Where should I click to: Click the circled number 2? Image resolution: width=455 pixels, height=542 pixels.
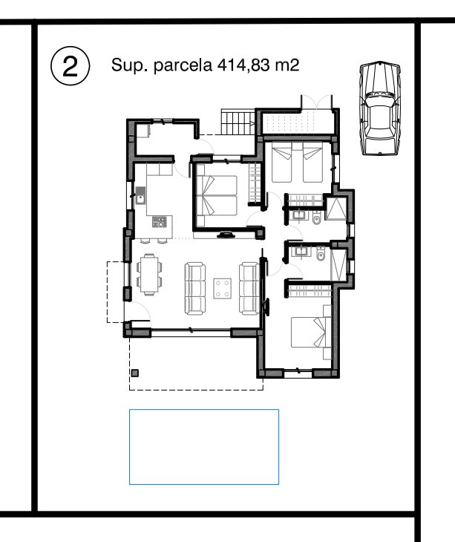(x=70, y=65)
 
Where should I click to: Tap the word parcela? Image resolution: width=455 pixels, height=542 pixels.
(x=183, y=65)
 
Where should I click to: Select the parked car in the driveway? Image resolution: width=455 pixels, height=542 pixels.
(x=380, y=108)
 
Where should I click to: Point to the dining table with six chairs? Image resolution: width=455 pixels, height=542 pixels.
(x=149, y=275)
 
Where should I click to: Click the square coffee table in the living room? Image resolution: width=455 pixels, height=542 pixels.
(x=223, y=289)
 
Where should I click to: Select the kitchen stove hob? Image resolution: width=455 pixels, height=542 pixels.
(x=160, y=221)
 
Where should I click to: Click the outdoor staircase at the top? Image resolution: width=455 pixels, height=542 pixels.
(x=238, y=122)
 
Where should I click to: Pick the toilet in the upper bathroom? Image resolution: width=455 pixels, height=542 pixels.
(x=316, y=218)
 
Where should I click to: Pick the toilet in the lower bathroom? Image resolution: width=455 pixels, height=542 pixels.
(x=321, y=253)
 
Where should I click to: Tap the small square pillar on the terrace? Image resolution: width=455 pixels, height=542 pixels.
(x=135, y=373)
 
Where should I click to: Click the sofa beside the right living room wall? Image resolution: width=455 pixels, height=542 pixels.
(x=249, y=289)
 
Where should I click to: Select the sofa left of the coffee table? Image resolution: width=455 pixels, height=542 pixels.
(x=195, y=289)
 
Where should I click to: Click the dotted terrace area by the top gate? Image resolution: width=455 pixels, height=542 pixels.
(x=298, y=123)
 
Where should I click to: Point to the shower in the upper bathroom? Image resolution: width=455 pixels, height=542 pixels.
(x=336, y=208)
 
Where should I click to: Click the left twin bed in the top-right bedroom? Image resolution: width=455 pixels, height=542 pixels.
(x=281, y=162)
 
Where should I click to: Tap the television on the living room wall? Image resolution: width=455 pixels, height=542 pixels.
(x=226, y=235)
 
